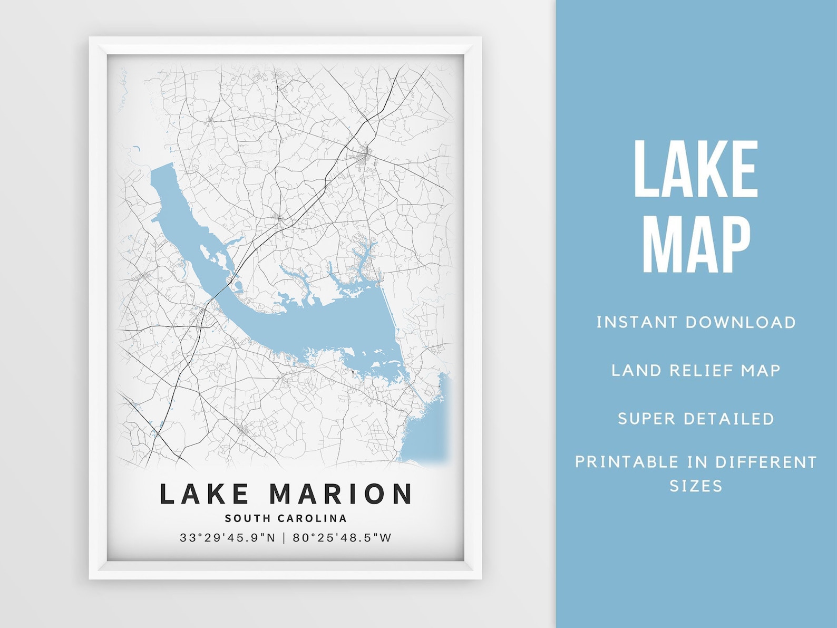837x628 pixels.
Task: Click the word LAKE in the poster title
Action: pyautogui.click(x=204, y=494)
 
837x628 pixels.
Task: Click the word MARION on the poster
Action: pyautogui.click(x=341, y=494)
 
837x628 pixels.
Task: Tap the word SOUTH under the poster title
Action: pyautogui.click(x=248, y=518)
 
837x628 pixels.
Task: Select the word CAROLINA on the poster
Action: pyautogui.click(x=313, y=518)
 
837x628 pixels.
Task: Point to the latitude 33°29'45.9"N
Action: pyautogui.click(x=228, y=538)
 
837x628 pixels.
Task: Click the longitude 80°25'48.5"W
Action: pyautogui.click(x=343, y=538)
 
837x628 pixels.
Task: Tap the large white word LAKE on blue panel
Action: pyautogui.click(x=696, y=169)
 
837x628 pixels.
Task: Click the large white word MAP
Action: pyautogui.click(x=696, y=246)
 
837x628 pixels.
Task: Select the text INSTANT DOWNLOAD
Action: pyautogui.click(x=696, y=322)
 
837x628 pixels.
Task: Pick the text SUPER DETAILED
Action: pyautogui.click(x=696, y=419)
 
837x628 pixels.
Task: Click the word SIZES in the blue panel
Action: pyautogui.click(x=696, y=486)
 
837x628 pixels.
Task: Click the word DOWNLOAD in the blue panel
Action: pyautogui.click(x=741, y=322)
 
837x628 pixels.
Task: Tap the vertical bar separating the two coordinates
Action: pyautogui.click(x=284, y=538)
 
